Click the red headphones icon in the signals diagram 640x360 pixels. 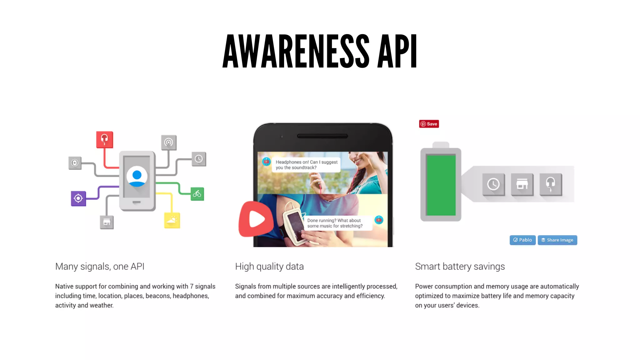[x=104, y=139]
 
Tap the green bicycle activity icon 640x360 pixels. [x=197, y=194]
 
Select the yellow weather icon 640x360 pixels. [x=172, y=220]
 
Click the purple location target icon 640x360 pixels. [x=78, y=198]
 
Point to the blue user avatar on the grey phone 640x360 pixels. [x=137, y=177]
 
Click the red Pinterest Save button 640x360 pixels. [x=429, y=124]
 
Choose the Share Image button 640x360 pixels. [x=557, y=240]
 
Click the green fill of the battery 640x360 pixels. [x=441, y=185]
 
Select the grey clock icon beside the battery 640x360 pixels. [x=493, y=184]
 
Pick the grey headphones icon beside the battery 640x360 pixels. [x=551, y=184]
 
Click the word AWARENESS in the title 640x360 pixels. [x=296, y=51]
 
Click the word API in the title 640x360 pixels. [x=397, y=51]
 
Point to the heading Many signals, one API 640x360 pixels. [x=100, y=267]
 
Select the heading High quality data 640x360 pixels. [x=269, y=267]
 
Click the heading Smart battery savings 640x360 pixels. [x=460, y=267]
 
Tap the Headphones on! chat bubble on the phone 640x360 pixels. [x=306, y=165]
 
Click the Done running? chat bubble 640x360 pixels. [x=335, y=223]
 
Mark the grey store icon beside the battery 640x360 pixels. [x=522, y=184]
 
